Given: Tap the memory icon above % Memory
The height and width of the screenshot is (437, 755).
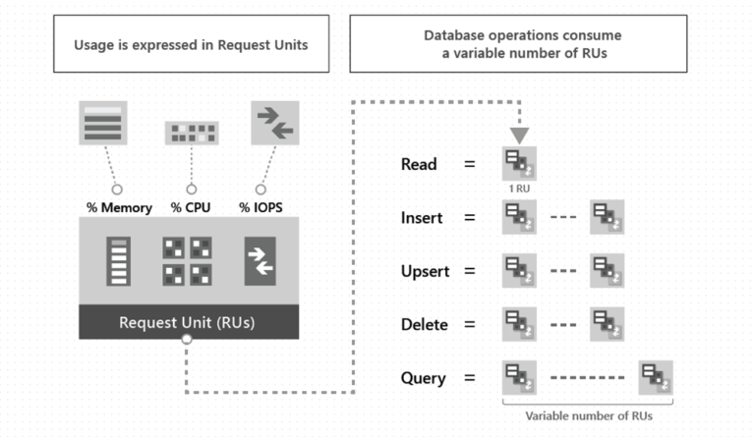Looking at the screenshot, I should coord(103,124).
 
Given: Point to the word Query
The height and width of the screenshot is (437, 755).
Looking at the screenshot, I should coord(424,377).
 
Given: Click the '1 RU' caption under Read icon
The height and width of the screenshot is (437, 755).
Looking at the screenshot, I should coord(519,187).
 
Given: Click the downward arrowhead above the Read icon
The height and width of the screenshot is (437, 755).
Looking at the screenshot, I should coord(519,136).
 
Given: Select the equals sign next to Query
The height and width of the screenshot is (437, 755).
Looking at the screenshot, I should coord(469,377).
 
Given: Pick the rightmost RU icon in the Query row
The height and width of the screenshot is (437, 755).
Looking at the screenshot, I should coord(656,378).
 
